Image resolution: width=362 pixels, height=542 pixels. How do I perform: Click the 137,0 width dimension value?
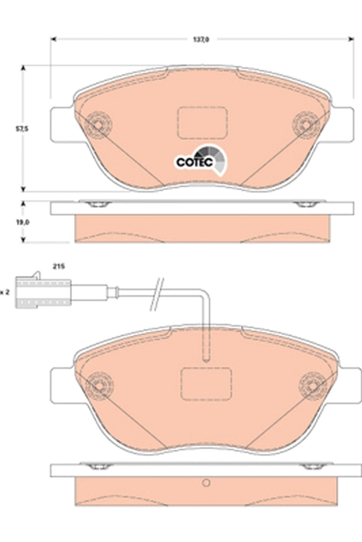202,40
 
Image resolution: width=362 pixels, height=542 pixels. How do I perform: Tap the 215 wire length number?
58,268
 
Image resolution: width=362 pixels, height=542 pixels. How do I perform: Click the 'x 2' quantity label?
5,292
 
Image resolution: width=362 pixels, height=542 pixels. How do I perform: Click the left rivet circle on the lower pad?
99,384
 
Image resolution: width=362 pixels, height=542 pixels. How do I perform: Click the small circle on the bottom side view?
205,484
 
